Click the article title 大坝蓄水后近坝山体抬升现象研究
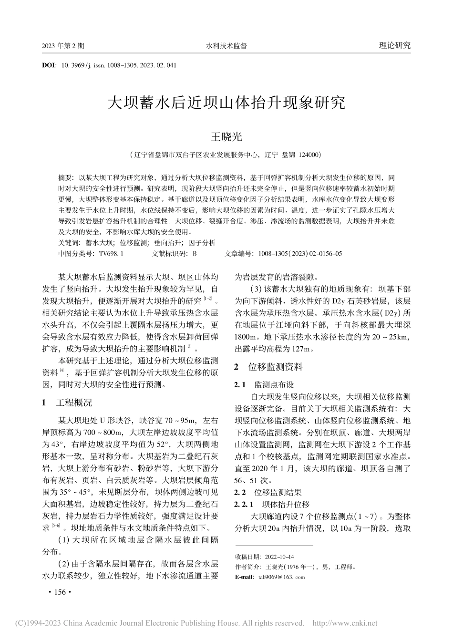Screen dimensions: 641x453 [226, 103]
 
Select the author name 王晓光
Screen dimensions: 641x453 [226, 137]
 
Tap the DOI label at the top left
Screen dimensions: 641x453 [49, 64]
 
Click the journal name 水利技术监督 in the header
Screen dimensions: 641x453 [226, 46]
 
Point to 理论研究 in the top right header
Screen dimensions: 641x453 [394, 46]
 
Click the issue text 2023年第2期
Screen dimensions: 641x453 [63, 46]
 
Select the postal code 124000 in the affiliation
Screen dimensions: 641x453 [310, 155]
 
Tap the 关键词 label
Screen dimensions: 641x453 [66, 243]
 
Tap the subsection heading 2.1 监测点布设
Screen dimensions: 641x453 [263, 384]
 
